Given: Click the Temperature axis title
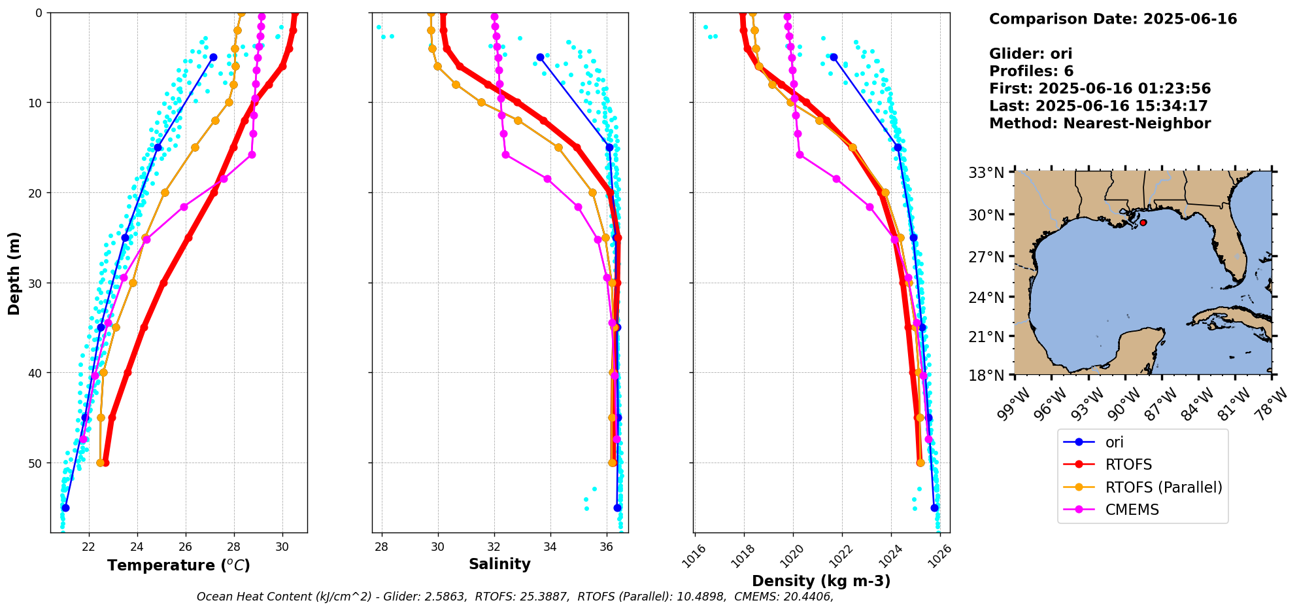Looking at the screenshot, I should pyautogui.click(x=178, y=565).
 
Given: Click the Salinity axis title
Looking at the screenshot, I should pyautogui.click(x=499, y=564).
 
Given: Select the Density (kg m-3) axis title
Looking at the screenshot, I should pyautogui.click(x=821, y=581).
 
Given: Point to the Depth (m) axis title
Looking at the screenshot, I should pyautogui.click(x=14, y=273).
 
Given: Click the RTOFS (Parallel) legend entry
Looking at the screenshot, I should pyautogui.click(x=1163, y=487).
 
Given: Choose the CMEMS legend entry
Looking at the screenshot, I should pyautogui.click(x=1132, y=510).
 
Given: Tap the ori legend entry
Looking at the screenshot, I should pyautogui.click(x=1114, y=442).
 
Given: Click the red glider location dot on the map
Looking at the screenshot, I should pyautogui.click(x=1143, y=222).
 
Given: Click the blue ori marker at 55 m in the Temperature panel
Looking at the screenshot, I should pyautogui.click(x=65, y=508).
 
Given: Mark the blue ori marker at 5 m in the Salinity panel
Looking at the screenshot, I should pyautogui.click(x=540, y=58).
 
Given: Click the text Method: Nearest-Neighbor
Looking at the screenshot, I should pyautogui.click(x=1100, y=124).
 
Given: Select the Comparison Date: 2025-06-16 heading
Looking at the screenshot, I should pyautogui.click(x=1113, y=19).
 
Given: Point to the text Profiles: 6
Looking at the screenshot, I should pyautogui.click(x=1031, y=71).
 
